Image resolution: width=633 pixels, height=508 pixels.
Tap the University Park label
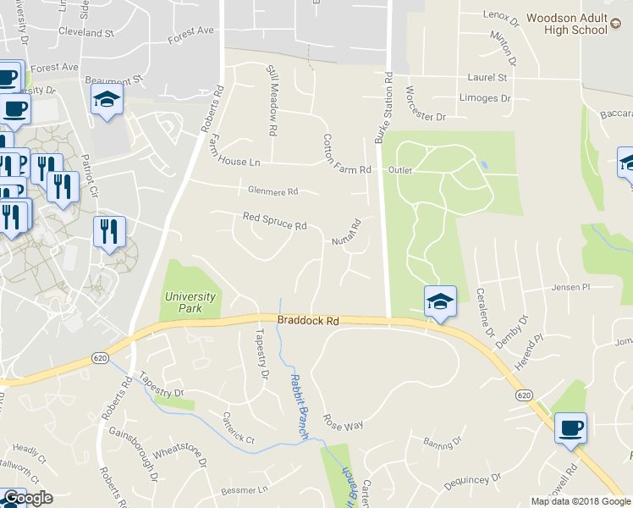(190, 302)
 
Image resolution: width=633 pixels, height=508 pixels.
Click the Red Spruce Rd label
(274, 221)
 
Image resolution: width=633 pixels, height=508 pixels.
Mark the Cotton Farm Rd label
(347, 154)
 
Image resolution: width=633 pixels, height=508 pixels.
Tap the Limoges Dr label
(485, 98)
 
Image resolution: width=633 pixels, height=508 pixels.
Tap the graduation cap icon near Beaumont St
(107, 100)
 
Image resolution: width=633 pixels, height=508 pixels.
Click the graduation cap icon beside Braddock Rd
(440, 301)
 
